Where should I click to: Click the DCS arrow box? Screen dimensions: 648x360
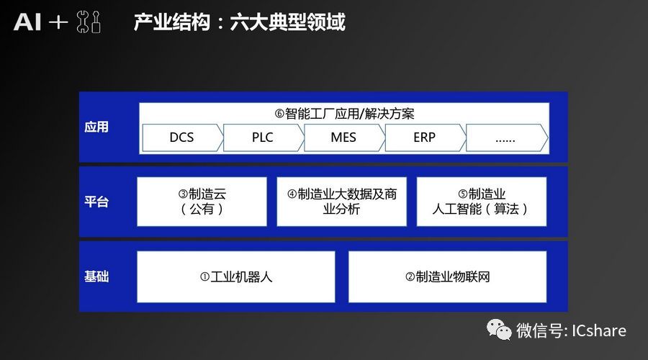pos(182,138)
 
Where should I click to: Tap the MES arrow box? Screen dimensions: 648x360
pos(344,138)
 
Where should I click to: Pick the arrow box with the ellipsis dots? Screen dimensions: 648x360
pos(507,138)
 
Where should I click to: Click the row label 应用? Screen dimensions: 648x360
pos(96,127)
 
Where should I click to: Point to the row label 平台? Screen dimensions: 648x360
pos(96,202)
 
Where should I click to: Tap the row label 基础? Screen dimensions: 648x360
pos(96,276)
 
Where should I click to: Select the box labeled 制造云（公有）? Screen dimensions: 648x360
pos(202,202)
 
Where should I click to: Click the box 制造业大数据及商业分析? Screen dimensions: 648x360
pos(342,202)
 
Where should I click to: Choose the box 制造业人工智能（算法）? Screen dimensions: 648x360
pos(482,202)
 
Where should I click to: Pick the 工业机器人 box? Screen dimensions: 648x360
pos(236,276)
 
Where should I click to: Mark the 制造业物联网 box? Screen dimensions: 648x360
pos(448,276)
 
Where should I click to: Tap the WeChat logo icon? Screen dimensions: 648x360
pos(499,330)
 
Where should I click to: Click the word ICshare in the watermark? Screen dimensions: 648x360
pos(599,330)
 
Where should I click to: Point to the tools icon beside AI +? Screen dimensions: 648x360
pos(89,22)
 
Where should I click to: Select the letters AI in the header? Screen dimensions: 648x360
pos(27,22)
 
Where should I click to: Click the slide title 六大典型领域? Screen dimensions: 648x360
pos(287,22)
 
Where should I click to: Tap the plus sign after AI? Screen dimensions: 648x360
pos(58,22)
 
